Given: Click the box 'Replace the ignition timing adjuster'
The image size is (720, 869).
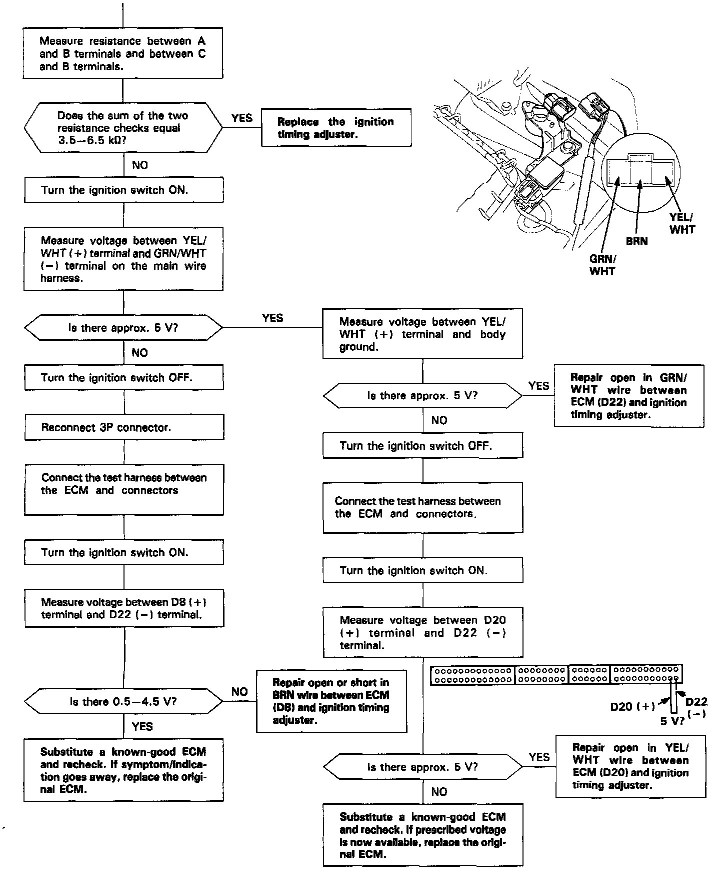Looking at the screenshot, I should pyautogui.click(x=336, y=127).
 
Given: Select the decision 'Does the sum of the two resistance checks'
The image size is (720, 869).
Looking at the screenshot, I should pyautogui.click(x=123, y=128).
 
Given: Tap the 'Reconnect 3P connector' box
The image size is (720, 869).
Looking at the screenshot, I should pyautogui.click(x=124, y=427).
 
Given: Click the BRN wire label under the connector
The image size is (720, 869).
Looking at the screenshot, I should pyautogui.click(x=636, y=241).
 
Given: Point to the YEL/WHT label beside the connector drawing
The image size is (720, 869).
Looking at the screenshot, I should pyautogui.click(x=682, y=223).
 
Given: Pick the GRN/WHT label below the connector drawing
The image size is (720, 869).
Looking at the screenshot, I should pyautogui.click(x=602, y=265).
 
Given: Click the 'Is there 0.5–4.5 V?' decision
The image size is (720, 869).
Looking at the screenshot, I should pyautogui.click(x=123, y=701).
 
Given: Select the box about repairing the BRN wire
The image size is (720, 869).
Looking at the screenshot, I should pyautogui.click(x=331, y=701).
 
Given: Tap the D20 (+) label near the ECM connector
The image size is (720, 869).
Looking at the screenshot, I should pyautogui.click(x=632, y=706).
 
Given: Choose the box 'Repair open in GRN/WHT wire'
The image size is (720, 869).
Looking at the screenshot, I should pyautogui.click(x=628, y=396).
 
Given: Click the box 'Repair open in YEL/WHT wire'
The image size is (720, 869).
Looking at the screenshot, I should pyautogui.click(x=630, y=766).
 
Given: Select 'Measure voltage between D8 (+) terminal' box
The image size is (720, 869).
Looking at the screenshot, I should pyautogui.click(x=124, y=608).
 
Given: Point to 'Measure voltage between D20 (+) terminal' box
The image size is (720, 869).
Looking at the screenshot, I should pyautogui.click(x=422, y=632).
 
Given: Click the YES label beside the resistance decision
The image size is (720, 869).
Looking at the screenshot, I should pyautogui.click(x=242, y=118).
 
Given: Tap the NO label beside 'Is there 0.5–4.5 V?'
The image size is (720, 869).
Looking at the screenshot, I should pyautogui.click(x=239, y=691).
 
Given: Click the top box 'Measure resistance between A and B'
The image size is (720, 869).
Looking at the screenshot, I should pyautogui.click(x=122, y=53).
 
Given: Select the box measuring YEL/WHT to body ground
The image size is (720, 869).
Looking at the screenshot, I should pyautogui.click(x=422, y=334).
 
